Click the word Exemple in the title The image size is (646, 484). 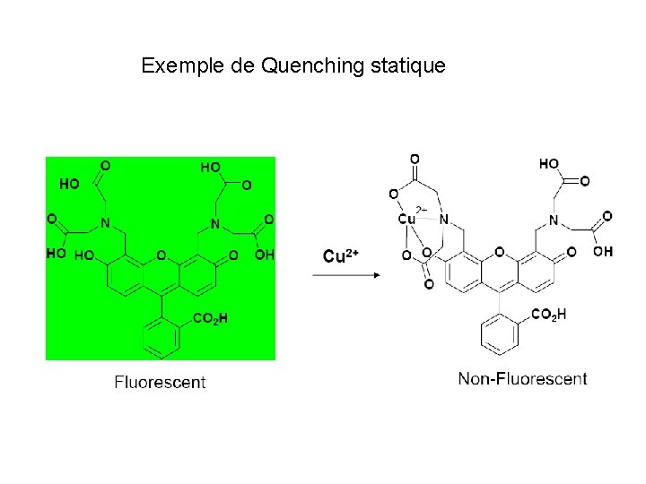(183, 65)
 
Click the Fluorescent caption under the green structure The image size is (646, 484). (160, 382)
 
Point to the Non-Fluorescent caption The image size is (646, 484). (522, 378)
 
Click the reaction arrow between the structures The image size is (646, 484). (346, 275)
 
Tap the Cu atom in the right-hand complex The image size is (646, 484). (406, 219)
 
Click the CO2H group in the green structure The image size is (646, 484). (210, 318)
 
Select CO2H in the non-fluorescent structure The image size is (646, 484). (549, 314)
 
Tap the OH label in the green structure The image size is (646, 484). (264, 255)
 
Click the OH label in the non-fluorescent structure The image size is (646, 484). (603, 252)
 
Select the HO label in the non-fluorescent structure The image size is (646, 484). (549, 164)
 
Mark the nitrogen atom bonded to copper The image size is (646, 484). (443, 220)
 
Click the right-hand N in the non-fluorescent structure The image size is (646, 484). (554, 220)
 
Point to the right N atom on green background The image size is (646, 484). (215, 223)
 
